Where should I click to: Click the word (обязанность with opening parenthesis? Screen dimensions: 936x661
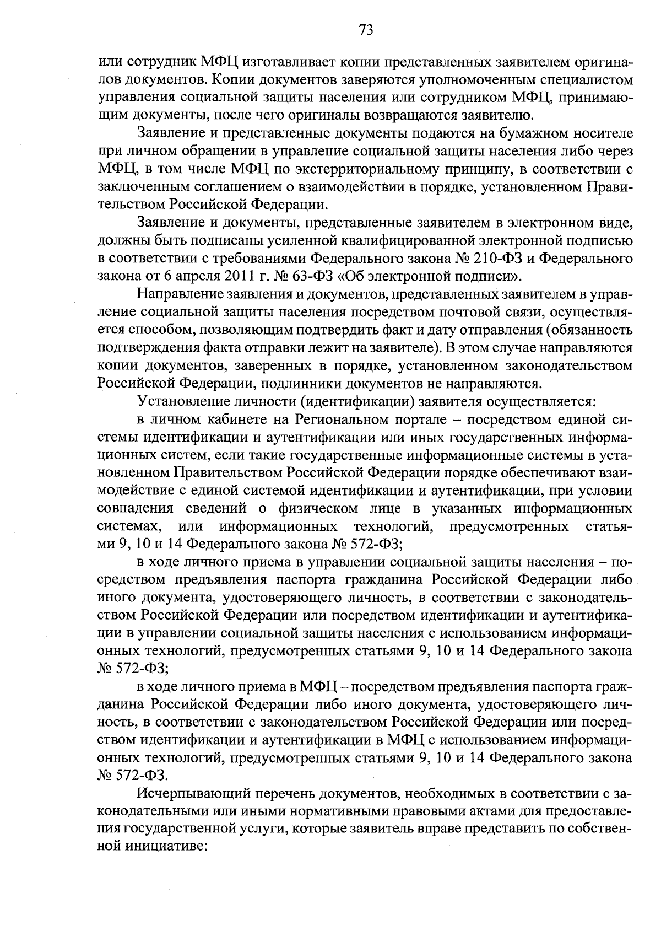point(587,330)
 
